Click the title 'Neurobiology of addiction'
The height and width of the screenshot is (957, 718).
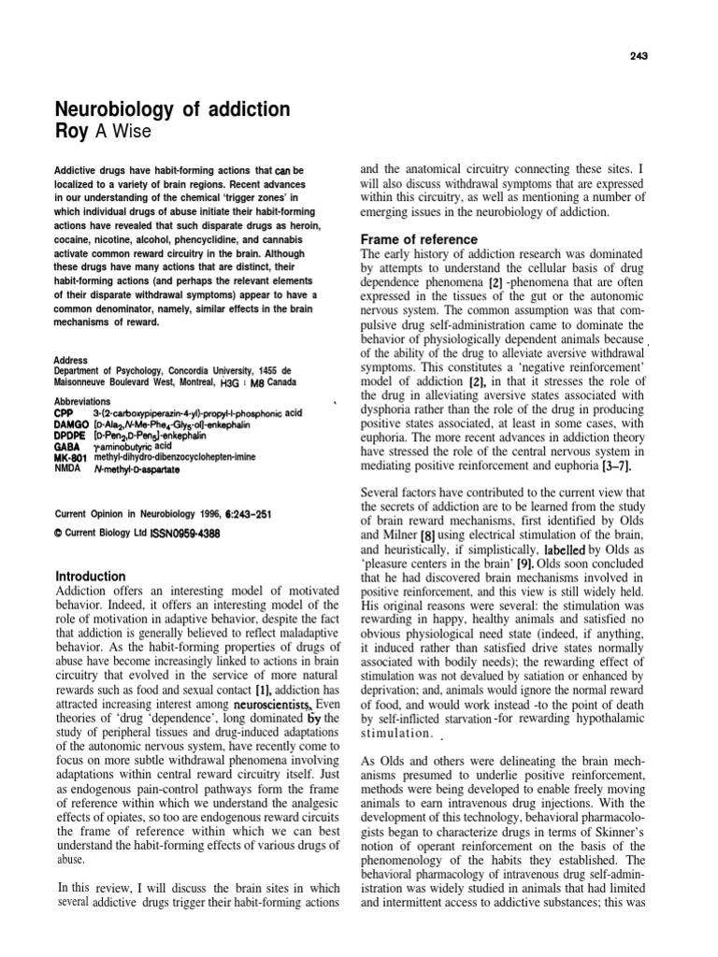pos(175,110)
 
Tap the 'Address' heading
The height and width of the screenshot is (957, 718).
pos(72,360)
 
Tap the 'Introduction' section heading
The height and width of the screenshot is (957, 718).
pos(91,577)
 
